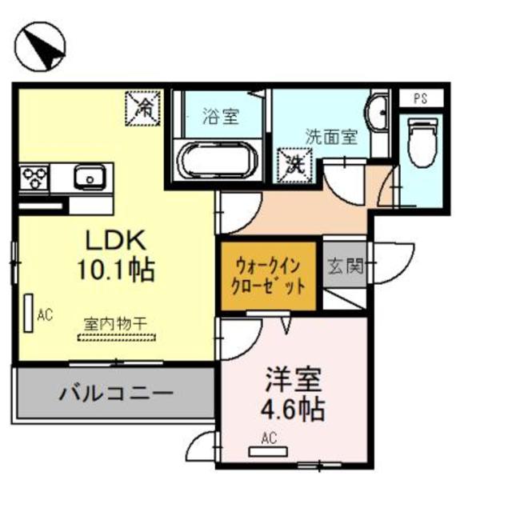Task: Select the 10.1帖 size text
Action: pyautogui.click(x=114, y=269)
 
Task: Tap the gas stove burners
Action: pyautogui.click(x=35, y=176)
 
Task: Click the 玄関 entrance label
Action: pyautogui.click(x=345, y=266)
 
